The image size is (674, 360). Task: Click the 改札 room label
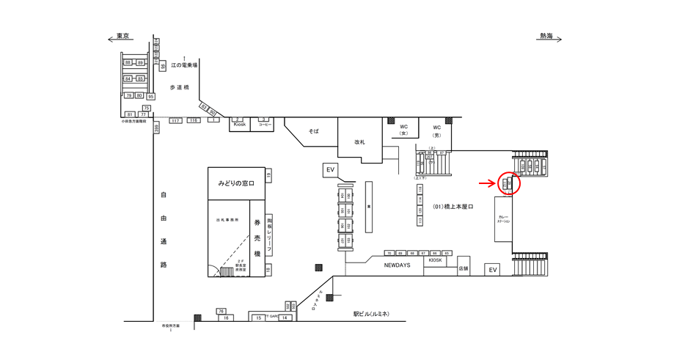point(359,142)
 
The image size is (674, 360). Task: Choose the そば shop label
point(314,131)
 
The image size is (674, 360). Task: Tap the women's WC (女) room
point(403,130)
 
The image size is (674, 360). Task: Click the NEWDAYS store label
point(397,265)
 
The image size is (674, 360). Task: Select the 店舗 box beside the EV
point(463,268)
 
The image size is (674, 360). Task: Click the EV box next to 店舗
point(493,270)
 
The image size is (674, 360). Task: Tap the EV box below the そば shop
point(331,170)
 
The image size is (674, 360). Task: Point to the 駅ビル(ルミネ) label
point(370,314)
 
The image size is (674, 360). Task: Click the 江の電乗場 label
point(184,65)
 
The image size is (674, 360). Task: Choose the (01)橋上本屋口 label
point(453,207)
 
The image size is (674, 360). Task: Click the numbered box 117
point(175,120)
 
